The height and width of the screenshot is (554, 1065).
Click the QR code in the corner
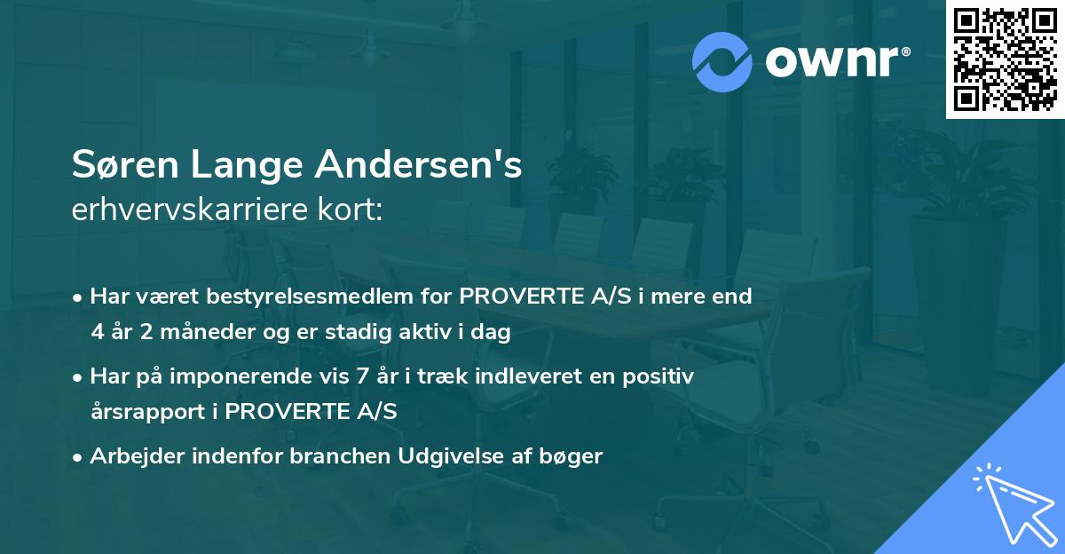(1005, 59)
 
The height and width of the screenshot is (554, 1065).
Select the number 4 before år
(97, 332)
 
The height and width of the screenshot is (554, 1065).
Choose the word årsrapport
(145, 412)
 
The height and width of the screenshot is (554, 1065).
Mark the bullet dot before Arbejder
(79, 456)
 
